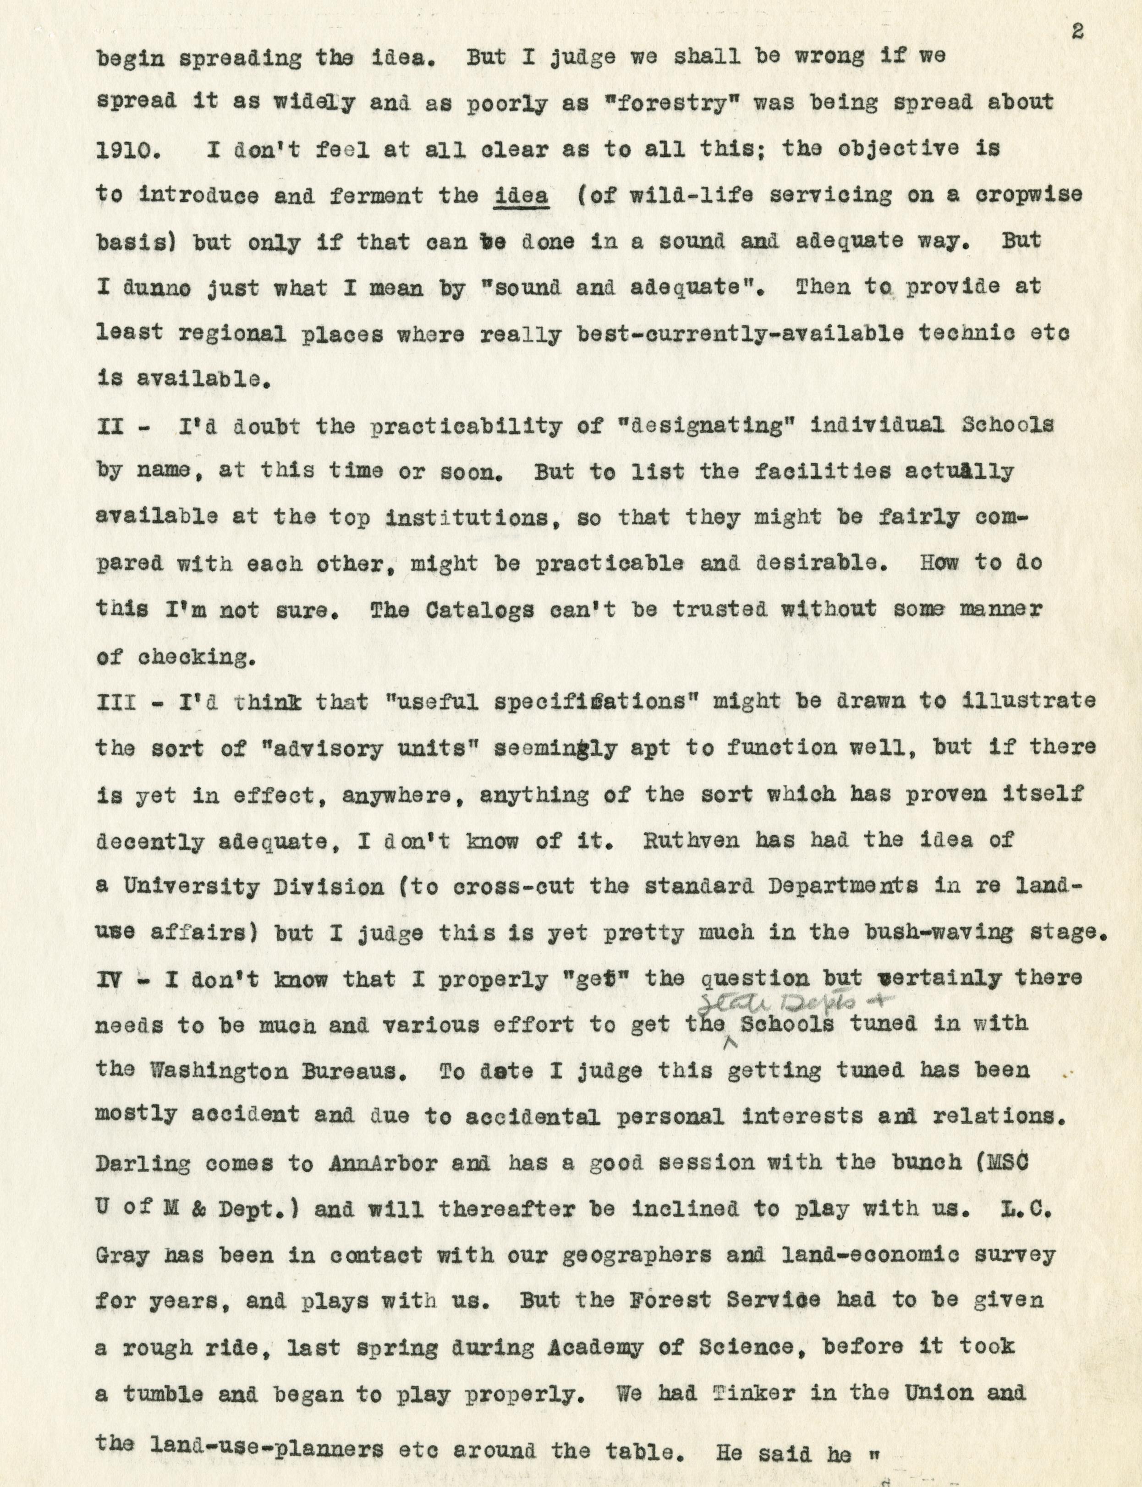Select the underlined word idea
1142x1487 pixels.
point(522,196)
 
